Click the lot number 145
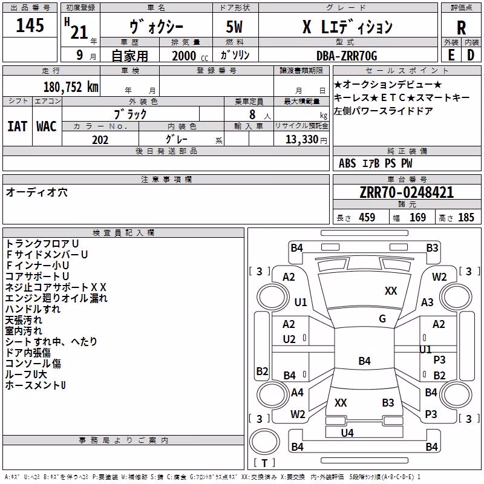30,25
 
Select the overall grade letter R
461,28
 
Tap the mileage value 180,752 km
71,87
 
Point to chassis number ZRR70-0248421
407,192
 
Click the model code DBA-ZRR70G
347,56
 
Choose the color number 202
100,140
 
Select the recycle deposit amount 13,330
302,139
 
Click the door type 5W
234,27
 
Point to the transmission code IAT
18,126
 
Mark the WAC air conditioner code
47,126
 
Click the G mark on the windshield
382,319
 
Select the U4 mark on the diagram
347,433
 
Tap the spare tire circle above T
264,442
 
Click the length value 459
367,217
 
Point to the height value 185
466,217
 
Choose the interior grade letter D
471,55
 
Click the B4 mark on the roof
365,361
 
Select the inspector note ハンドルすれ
33,309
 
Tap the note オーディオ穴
36,192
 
